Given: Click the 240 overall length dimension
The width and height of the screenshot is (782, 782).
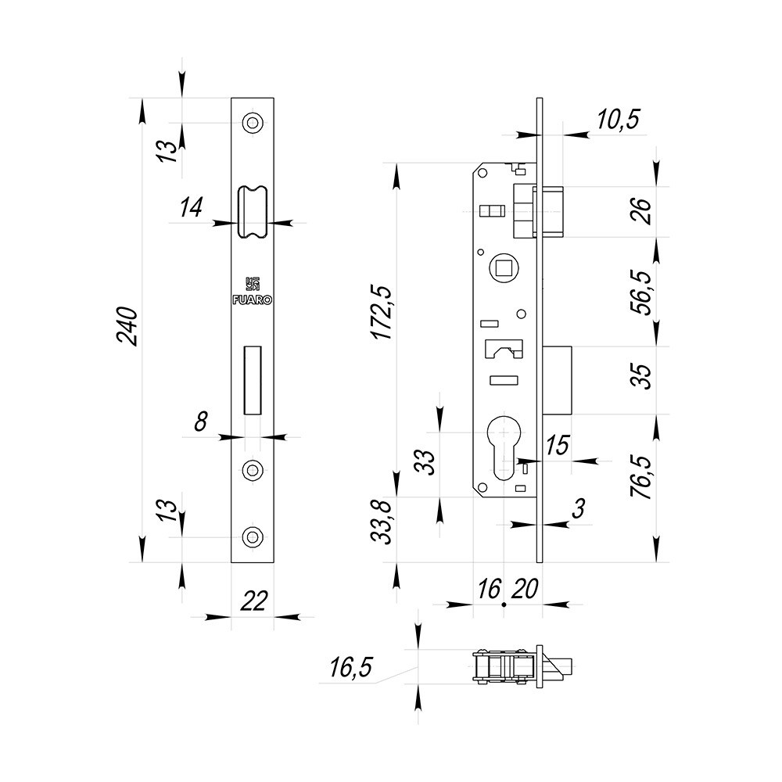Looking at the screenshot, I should pyautogui.click(x=127, y=327).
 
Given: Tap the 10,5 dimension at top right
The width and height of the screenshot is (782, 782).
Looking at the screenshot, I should pyautogui.click(x=618, y=120).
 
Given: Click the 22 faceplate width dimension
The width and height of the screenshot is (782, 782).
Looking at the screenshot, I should pyautogui.click(x=253, y=601).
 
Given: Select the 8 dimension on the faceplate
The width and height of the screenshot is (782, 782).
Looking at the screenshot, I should pyautogui.click(x=201, y=422).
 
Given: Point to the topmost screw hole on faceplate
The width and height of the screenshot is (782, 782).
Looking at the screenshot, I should pyautogui.click(x=253, y=123).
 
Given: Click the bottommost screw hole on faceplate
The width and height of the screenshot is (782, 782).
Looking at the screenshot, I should pyautogui.click(x=253, y=536).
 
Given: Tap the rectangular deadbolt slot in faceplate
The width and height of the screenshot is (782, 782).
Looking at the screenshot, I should pyautogui.click(x=253, y=379).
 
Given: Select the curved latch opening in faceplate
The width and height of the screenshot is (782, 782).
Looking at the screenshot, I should pyautogui.click(x=253, y=211).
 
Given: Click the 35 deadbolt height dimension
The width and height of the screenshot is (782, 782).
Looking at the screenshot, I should pyautogui.click(x=640, y=380).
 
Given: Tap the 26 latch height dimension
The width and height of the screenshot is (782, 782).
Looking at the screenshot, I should pyautogui.click(x=640, y=211).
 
